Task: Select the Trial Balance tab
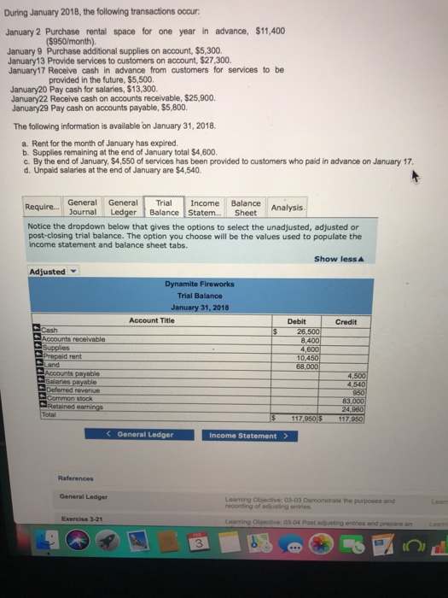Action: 164,207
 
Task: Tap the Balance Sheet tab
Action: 246,207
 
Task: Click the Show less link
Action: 336,258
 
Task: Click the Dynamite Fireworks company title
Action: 201,284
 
